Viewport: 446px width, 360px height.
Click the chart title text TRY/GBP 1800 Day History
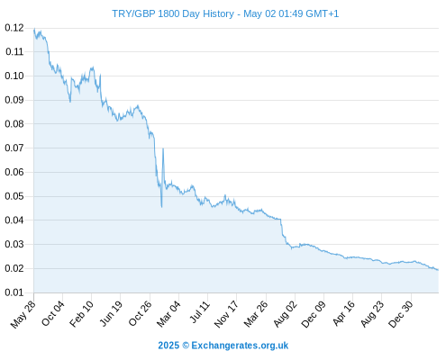[x=173, y=13]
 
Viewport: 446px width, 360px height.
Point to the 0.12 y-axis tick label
[x=14, y=28]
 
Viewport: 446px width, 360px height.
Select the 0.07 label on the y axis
[x=14, y=148]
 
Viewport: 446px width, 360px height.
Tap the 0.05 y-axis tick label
[x=14, y=196]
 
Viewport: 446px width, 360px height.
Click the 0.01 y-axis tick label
[x=14, y=292]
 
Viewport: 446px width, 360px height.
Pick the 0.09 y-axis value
[x=14, y=100]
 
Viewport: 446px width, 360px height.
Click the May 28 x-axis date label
[x=23, y=314]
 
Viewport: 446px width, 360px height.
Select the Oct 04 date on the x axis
[x=53, y=313]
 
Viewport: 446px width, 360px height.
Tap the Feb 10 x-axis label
[x=81, y=314]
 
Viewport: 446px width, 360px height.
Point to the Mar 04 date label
[x=168, y=314]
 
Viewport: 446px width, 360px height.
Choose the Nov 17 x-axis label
[x=226, y=314]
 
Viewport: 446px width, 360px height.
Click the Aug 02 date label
[x=285, y=314]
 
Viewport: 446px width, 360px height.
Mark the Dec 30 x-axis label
[x=401, y=314]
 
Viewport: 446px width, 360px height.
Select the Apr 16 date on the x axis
[x=343, y=313]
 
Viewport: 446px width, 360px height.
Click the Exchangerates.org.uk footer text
[x=240, y=346]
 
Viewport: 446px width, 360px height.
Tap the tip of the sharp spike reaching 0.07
[x=163, y=148]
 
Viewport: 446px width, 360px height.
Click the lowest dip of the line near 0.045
[x=161, y=207]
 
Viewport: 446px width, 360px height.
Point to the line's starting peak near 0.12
[x=34, y=29]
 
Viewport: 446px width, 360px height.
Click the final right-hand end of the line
[x=438, y=270]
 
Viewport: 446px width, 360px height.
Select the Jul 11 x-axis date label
[x=199, y=312]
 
